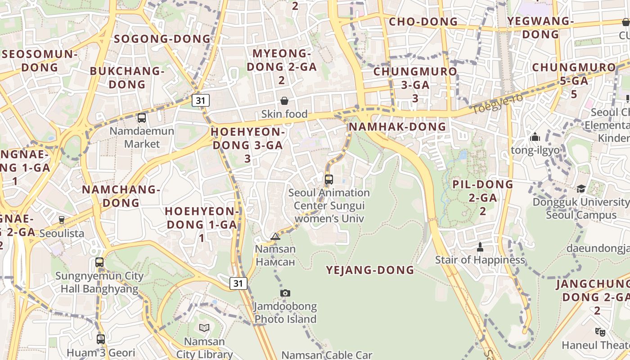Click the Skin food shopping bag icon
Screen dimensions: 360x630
click(284, 101)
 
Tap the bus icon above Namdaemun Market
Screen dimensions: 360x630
click(142, 118)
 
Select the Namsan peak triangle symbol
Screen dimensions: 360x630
click(275, 236)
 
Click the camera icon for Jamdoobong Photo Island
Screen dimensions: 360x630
click(285, 293)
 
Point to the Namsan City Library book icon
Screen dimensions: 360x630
click(204, 328)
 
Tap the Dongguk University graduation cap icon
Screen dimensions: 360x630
click(581, 189)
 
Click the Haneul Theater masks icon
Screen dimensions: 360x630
click(600, 332)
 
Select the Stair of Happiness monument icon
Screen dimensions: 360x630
click(480, 247)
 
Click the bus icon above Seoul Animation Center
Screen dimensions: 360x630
click(329, 180)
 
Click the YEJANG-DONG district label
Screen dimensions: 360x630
click(370, 270)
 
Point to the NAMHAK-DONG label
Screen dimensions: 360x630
click(397, 126)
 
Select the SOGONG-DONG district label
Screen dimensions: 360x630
click(162, 39)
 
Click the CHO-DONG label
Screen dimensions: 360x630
click(423, 22)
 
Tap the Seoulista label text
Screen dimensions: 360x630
click(62, 233)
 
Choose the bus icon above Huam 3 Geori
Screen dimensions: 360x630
click(101, 339)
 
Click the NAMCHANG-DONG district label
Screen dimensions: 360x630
click(121, 196)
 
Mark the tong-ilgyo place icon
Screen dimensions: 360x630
click(535, 137)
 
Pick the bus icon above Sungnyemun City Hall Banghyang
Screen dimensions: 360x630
click(99, 262)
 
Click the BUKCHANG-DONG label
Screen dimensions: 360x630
click(127, 77)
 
